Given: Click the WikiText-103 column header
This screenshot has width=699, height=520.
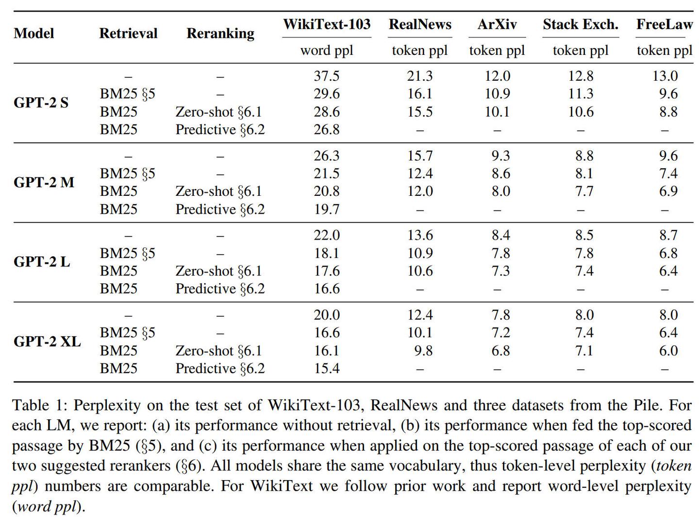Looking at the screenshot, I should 327,24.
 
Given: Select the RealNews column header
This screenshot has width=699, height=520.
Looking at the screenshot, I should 420,24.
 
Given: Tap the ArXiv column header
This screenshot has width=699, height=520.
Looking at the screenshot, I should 497,24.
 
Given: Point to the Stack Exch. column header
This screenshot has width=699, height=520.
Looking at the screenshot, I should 581,24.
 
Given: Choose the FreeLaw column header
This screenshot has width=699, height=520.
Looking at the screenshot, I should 665,24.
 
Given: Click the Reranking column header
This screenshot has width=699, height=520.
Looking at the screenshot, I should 220,33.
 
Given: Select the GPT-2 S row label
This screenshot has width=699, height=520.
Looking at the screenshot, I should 41,103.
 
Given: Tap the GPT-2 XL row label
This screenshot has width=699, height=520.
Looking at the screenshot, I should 47,342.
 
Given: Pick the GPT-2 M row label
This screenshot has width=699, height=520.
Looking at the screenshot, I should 44,182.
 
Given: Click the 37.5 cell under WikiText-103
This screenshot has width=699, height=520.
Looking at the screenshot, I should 327,76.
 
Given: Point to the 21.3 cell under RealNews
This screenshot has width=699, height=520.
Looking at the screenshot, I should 420,76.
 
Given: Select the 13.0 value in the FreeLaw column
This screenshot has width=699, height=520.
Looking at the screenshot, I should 665,76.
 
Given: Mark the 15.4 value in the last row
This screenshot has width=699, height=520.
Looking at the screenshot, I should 327,368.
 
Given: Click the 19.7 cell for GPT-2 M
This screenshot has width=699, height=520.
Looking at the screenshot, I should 327,209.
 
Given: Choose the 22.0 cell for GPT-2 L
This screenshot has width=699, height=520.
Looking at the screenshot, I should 327,235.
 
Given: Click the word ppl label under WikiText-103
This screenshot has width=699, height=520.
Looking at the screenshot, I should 327,50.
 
